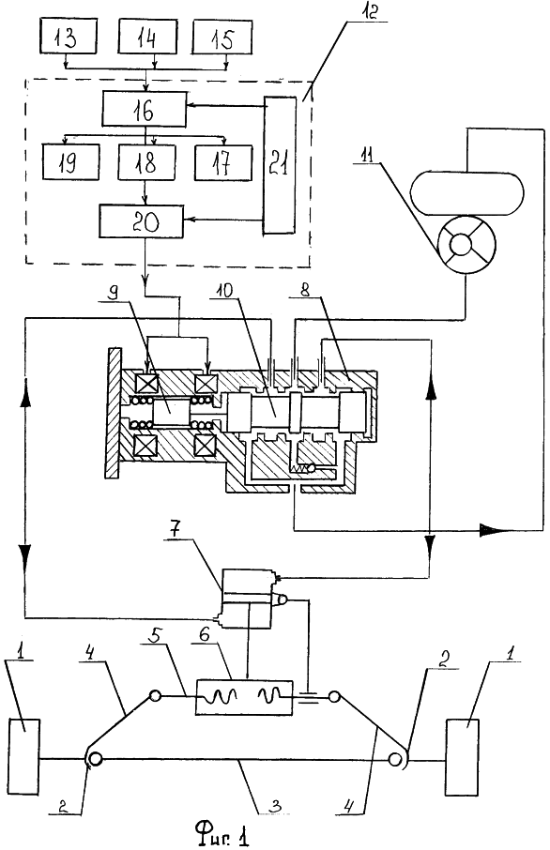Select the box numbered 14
point(147,37)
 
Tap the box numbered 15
point(222,38)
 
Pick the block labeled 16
point(145,110)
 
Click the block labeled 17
point(222,162)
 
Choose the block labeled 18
point(146,162)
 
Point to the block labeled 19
point(71,162)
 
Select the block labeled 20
point(141,220)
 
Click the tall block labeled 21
point(280,165)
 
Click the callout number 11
point(368,158)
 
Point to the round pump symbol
point(466,245)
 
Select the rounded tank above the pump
point(467,193)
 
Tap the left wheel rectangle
point(23,756)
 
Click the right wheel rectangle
point(462,756)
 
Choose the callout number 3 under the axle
point(277,806)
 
